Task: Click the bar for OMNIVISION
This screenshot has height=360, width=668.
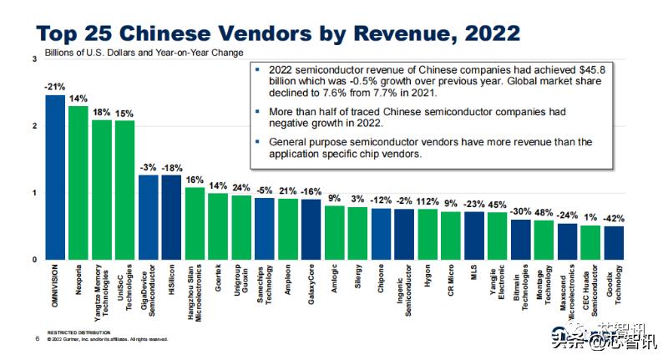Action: coord(54,177)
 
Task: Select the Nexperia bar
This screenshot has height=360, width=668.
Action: coord(78,183)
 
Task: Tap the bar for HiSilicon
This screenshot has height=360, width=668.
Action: coord(171,217)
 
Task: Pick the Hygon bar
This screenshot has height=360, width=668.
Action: coord(428,234)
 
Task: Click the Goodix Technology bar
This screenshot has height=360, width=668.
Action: coord(614,242)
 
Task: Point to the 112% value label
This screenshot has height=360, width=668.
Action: coord(428,200)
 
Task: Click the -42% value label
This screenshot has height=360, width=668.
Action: coord(615,218)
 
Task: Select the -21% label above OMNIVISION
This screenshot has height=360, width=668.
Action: coord(54,87)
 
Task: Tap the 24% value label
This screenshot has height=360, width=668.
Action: coord(241,187)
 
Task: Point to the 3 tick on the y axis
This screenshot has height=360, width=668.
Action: coord(34,59)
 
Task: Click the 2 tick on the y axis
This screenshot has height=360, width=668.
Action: coord(34,126)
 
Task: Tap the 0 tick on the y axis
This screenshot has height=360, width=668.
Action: coord(34,260)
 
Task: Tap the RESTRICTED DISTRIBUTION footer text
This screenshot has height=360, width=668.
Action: coord(77,332)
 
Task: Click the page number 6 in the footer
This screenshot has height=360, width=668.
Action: coord(38,339)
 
